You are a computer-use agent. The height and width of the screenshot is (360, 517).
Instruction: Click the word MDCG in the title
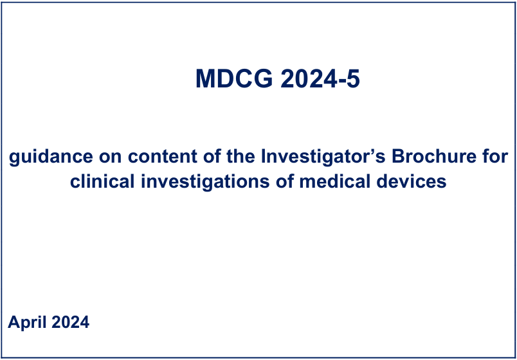pos(235,79)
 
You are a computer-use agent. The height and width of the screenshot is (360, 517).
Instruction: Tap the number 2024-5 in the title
pos(320,79)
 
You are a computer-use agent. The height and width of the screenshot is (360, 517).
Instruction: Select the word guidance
pos(51,157)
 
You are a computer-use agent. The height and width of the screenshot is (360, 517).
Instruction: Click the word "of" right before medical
pos(284,182)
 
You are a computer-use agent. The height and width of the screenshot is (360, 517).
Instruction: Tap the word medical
pos(332,182)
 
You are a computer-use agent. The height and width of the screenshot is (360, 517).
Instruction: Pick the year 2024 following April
pos(71,322)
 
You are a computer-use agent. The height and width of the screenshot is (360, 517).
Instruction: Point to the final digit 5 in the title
pos(352,79)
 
